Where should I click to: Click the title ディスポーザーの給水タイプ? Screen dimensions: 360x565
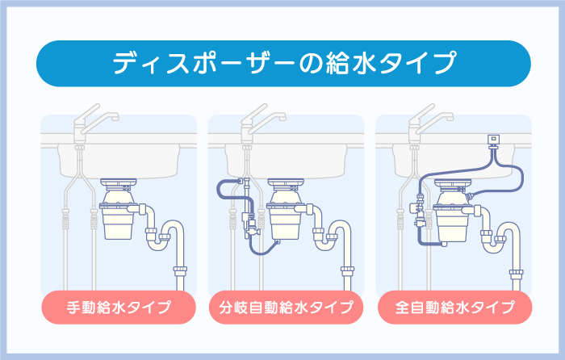coord(282,63)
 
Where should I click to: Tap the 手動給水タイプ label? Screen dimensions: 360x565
coord(118,307)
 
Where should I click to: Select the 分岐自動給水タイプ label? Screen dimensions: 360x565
coord(286,307)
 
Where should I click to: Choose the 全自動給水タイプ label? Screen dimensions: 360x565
coord(454,307)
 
